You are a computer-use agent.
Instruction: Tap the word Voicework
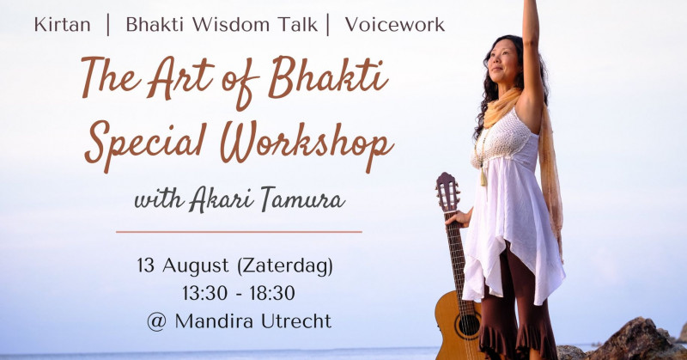pos(394,24)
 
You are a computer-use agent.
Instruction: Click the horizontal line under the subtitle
pos(239,231)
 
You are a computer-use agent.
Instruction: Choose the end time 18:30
pos(272,293)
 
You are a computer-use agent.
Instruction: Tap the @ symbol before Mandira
pos(157,322)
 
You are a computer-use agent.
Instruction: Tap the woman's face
pos(504,60)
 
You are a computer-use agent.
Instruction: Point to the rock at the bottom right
pos(635,339)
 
